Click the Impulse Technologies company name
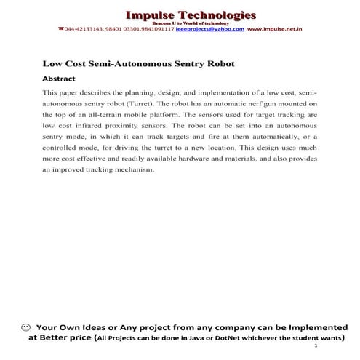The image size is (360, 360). pyautogui.click(x=191, y=15)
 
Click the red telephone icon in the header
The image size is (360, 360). pyautogui.click(x=61, y=30)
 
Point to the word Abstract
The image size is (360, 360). pyautogui.click(x=60, y=78)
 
